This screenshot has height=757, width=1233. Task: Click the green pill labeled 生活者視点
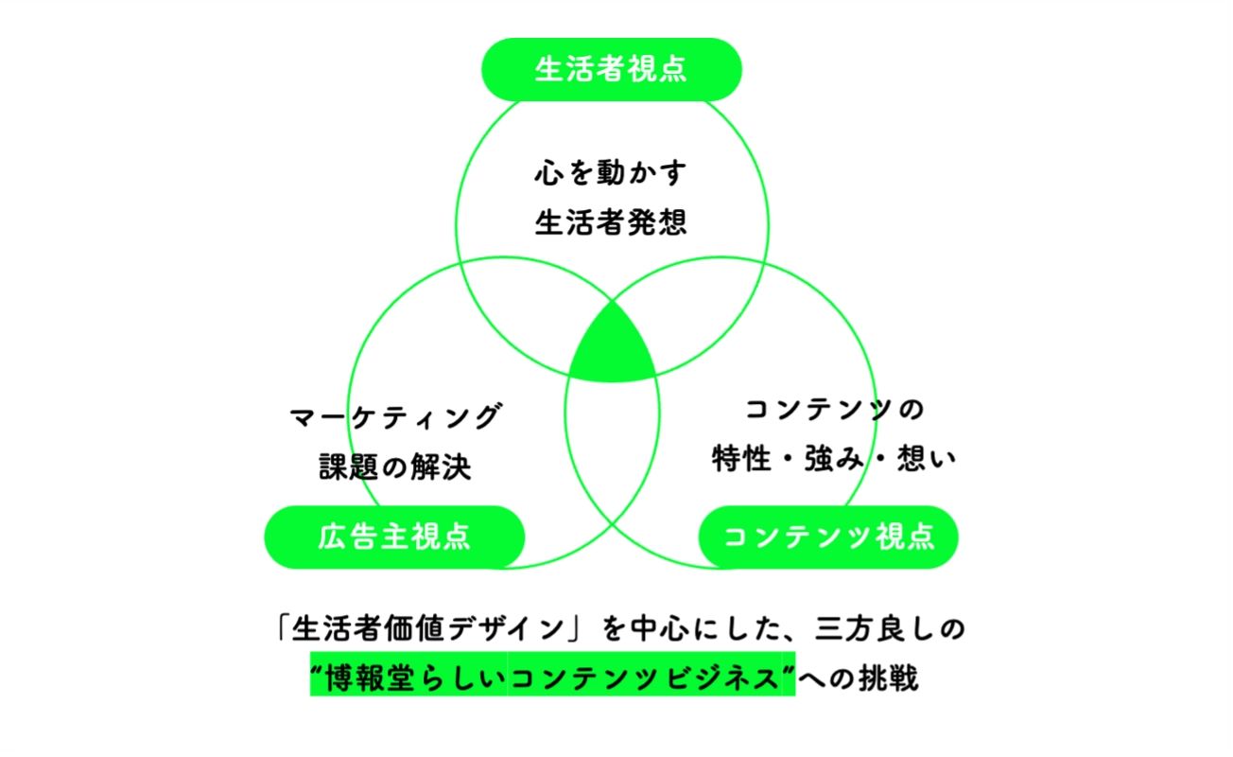[x=612, y=69]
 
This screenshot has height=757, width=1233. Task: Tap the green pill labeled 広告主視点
[x=394, y=537]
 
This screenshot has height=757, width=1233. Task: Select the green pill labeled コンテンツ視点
[x=828, y=537]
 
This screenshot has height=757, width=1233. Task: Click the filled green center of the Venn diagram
[x=612, y=348]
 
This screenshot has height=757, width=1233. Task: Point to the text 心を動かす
[x=611, y=172]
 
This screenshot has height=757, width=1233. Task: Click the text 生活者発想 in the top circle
[x=611, y=222]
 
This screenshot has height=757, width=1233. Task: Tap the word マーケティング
[x=395, y=416]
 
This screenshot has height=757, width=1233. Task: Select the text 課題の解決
[x=395, y=467]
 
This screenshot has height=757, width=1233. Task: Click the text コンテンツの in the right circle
[x=835, y=410]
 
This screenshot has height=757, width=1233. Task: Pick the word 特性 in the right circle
[x=741, y=458]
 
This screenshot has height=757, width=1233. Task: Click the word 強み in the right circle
[x=835, y=458]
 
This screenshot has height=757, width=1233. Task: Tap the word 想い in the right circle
[x=927, y=458]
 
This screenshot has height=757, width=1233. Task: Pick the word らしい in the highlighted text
[x=463, y=678]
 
